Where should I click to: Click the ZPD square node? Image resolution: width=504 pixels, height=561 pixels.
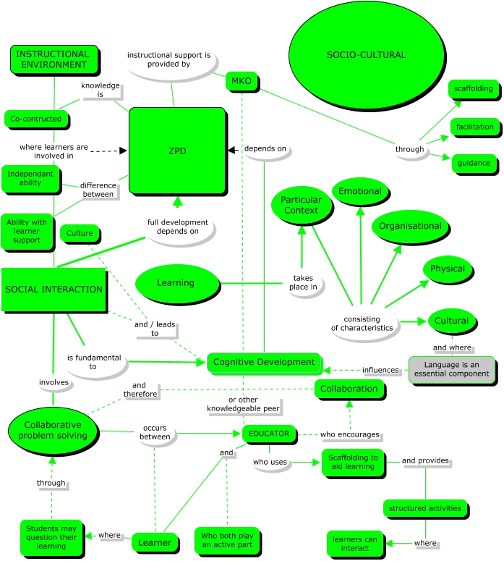click(177, 151)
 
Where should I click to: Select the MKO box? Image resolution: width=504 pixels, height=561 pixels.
click(242, 81)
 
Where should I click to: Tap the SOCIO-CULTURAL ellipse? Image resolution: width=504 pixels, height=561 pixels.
click(367, 55)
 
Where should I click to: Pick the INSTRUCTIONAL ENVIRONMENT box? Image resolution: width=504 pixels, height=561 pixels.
click(54, 59)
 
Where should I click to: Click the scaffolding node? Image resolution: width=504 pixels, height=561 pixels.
click(473, 89)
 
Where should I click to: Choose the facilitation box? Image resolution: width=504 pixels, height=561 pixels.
click(474, 127)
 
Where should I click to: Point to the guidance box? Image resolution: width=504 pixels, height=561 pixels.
click(474, 163)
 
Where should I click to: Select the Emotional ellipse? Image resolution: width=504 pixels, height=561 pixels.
click(360, 191)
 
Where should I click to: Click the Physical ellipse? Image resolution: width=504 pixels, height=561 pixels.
click(448, 269)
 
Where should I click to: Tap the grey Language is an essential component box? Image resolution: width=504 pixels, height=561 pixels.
click(452, 369)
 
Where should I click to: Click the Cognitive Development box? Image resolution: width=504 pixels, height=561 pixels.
click(264, 362)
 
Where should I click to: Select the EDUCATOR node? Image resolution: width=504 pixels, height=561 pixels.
click(269, 434)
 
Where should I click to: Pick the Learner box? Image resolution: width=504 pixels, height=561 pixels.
click(155, 543)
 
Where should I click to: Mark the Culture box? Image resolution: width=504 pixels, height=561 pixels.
click(80, 233)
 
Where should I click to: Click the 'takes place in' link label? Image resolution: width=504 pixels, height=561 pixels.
click(303, 282)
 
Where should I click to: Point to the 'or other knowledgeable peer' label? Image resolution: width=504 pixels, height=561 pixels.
click(243, 405)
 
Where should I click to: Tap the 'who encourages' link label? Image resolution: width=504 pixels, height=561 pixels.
click(349, 434)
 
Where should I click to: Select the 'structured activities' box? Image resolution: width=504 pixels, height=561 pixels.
click(425, 508)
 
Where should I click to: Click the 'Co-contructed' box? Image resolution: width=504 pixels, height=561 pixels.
click(35, 119)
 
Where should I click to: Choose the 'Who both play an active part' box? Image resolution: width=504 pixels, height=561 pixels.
click(227, 541)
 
